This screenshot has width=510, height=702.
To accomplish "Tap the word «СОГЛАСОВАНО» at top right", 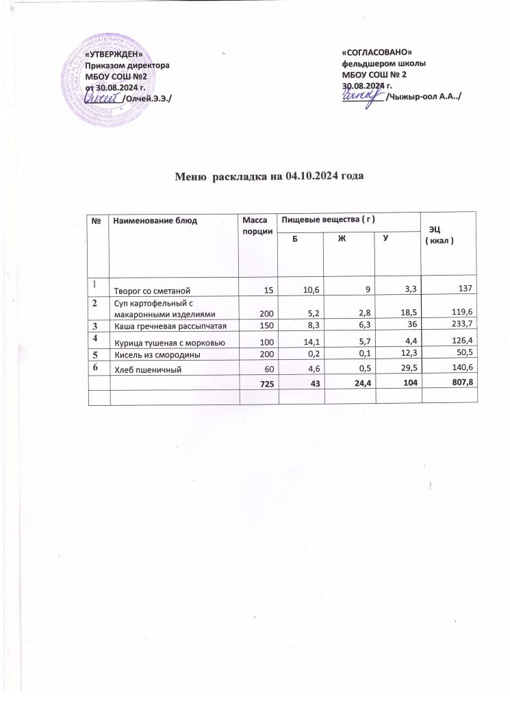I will [x=377, y=53].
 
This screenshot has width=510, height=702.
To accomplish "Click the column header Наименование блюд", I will [x=155, y=221].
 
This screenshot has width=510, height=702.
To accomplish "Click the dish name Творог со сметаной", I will [x=150, y=291].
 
